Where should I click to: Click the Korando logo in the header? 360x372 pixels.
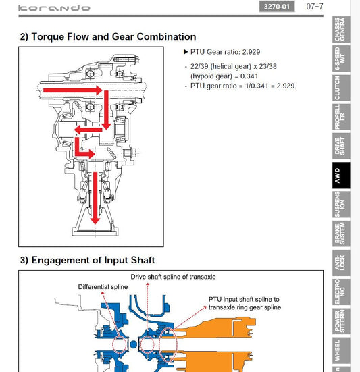tap(54, 8)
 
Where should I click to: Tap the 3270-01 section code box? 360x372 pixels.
tap(277, 6)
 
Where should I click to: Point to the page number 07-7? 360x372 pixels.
tap(315, 6)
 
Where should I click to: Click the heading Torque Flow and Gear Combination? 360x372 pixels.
tap(108, 36)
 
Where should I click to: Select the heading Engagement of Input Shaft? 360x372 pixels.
tap(87, 260)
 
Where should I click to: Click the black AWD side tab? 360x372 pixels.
tap(341, 176)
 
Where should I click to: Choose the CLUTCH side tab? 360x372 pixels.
tap(341, 88)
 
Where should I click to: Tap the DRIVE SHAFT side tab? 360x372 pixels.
tap(341, 146)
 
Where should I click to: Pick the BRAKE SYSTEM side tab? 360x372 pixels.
tap(341, 234)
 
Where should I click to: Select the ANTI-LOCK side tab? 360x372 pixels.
tap(341, 263)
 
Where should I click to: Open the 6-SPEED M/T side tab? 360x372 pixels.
tap(341, 58)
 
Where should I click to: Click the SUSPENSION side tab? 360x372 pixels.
tap(341, 205)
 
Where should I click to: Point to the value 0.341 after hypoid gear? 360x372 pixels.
tap(249, 76)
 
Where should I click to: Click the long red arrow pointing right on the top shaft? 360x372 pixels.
tap(73, 90)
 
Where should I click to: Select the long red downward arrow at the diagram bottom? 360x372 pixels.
tap(95, 198)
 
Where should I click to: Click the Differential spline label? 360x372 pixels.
tap(103, 287)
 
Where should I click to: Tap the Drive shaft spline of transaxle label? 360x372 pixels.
tap(173, 277)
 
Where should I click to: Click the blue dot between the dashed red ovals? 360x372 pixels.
tap(134, 344)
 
